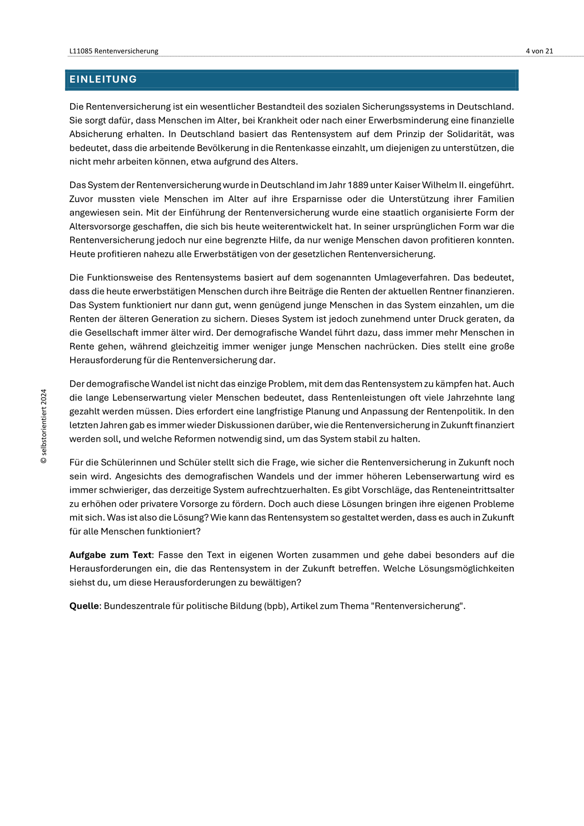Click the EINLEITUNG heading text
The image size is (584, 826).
click(x=103, y=79)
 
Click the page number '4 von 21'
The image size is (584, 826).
click(x=539, y=51)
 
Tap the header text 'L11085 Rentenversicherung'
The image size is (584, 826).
click(x=114, y=51)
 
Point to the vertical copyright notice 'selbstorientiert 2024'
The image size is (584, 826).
click(x=44, y=426)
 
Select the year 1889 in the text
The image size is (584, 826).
click(x=357, y=185)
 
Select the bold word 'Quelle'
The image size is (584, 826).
click(x=84, y=606)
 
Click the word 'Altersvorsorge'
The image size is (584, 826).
click(x=100, y=226)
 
